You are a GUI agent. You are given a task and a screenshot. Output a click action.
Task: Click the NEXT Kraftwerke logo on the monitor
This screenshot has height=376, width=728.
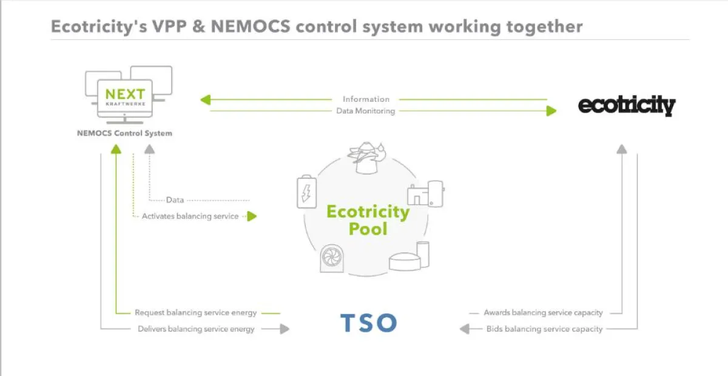(125, 96)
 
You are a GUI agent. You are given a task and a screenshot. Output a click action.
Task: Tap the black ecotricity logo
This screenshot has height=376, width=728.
(627, 106)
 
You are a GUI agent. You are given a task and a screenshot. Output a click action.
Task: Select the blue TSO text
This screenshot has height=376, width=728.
(368, 323)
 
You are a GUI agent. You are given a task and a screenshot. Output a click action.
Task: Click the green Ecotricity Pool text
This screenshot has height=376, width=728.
(368, 220)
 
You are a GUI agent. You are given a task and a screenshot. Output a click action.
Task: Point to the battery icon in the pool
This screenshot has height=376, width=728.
(306, 192)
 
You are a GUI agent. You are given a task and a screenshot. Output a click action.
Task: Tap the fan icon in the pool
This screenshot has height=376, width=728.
(332, 258)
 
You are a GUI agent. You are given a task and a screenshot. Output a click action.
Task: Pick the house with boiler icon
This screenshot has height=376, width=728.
(426, 193)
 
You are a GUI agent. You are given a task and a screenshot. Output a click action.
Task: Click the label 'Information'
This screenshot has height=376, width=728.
(366, 99)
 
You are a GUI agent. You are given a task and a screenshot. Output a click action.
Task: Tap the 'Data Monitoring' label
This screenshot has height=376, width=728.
(365, 111)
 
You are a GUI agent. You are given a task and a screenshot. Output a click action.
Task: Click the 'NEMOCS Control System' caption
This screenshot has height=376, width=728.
(124, 133)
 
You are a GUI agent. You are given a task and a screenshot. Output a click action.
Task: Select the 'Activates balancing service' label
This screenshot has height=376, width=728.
(190, 216)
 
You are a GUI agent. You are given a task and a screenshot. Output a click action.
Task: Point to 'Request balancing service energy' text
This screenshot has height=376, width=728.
(195, 313)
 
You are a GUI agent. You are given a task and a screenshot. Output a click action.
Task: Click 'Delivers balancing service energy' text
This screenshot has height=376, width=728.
(196, 329)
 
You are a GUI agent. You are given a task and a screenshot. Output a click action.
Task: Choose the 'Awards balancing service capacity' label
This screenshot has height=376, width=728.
(543, 313)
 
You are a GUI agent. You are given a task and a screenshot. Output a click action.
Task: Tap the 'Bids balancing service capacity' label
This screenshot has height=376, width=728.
(544, 329)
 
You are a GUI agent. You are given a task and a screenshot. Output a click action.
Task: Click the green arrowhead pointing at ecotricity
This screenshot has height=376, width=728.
(551, 111)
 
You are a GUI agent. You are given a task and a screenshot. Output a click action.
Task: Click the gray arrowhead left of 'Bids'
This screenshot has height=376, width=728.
(465, 329)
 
